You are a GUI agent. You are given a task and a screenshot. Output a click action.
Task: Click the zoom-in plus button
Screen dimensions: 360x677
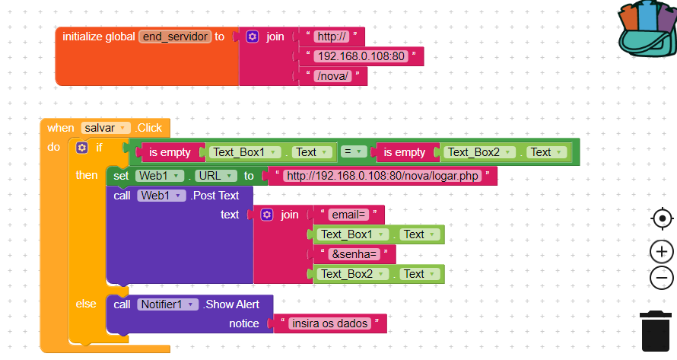662,251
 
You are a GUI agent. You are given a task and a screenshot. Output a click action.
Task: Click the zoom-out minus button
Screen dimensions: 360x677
662,278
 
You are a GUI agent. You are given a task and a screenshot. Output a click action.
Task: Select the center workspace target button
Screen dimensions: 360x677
662,219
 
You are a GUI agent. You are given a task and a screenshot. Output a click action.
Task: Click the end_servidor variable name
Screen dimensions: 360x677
174,37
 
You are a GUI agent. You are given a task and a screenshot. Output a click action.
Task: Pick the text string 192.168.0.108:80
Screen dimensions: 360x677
361,56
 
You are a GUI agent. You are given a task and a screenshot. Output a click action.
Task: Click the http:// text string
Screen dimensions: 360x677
332,37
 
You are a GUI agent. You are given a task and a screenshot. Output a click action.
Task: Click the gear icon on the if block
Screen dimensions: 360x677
82,148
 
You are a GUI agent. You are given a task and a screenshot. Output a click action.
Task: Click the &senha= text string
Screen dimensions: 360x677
354,254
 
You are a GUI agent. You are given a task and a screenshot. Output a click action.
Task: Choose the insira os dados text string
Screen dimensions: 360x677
330,323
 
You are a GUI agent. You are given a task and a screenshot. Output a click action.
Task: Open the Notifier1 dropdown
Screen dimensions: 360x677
167,304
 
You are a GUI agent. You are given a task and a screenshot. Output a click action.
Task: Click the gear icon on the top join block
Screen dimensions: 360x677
253,37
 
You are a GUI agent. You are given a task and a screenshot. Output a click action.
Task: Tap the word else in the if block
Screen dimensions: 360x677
86,304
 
